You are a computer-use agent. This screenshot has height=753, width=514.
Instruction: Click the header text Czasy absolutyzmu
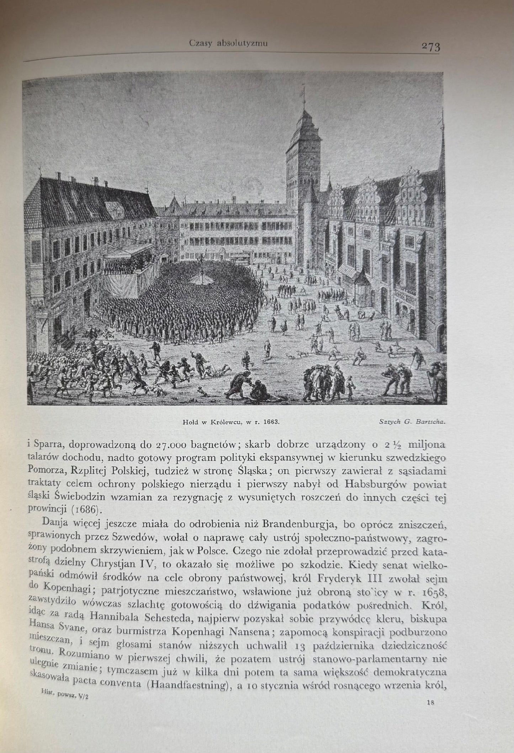pos(228,43)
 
